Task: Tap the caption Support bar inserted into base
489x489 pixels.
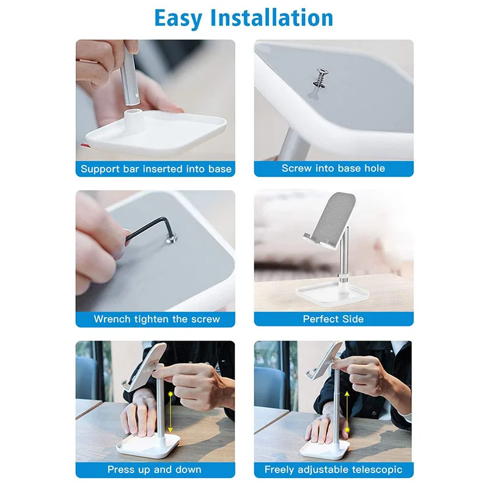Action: coord(156,169)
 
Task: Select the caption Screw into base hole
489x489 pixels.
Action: coord(333,168)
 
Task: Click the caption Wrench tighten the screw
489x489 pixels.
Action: coord(156,318)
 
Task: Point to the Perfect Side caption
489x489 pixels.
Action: coord(333,318)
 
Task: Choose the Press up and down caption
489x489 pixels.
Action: coord(154,469)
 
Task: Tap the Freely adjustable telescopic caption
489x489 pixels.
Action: coord(333,469)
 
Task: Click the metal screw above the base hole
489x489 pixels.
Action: coord(320,78)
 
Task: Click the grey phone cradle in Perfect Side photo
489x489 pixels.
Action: coord(331,218)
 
